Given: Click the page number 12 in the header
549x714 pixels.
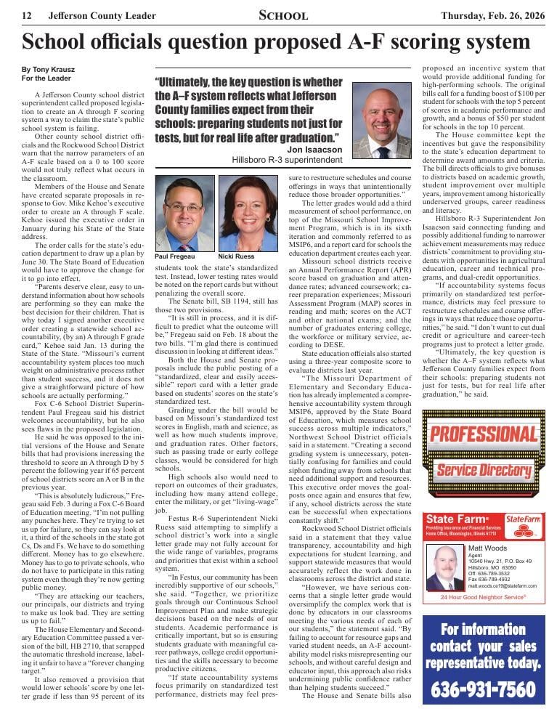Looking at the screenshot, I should (27, 15).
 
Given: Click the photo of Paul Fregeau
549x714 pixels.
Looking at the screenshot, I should (184, 213).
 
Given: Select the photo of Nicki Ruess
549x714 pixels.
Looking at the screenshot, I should (248, 213).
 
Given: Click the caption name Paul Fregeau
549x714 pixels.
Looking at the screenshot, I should (174, 257).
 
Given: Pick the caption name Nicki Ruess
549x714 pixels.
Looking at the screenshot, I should (236, 257).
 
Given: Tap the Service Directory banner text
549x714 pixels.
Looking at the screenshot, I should (483, 470).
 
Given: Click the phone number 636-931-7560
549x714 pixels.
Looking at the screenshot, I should (484, 689).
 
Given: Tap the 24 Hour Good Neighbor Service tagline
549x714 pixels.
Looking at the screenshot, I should (483, 597).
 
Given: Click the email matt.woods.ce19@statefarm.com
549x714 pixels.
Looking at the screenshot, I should (502, 585).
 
